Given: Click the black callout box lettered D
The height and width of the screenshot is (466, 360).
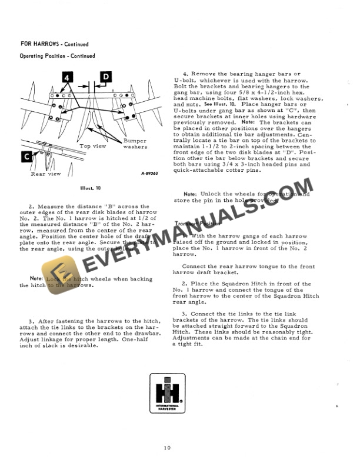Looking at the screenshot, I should pyautogui.click(x=105, y=76).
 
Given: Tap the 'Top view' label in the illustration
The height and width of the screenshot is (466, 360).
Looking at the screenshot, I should pyautogui.click(x=93, y=145).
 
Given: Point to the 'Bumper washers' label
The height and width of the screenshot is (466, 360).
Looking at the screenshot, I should pyautogui.click(x=135, y=144).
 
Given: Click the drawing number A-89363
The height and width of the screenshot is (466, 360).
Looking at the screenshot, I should pyautogui.click(x=152, y=174).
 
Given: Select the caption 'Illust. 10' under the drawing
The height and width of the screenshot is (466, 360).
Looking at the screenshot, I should pyautogui.click(x=90, y=188).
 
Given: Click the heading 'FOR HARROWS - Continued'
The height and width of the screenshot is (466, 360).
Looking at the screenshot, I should pyautogui.click(x=54, y=44).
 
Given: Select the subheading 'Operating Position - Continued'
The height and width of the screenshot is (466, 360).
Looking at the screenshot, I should pyautogui.click(x=57, y=56).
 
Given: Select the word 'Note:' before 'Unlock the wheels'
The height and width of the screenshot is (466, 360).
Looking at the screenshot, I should pyautogui.click(x=190, y=194).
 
